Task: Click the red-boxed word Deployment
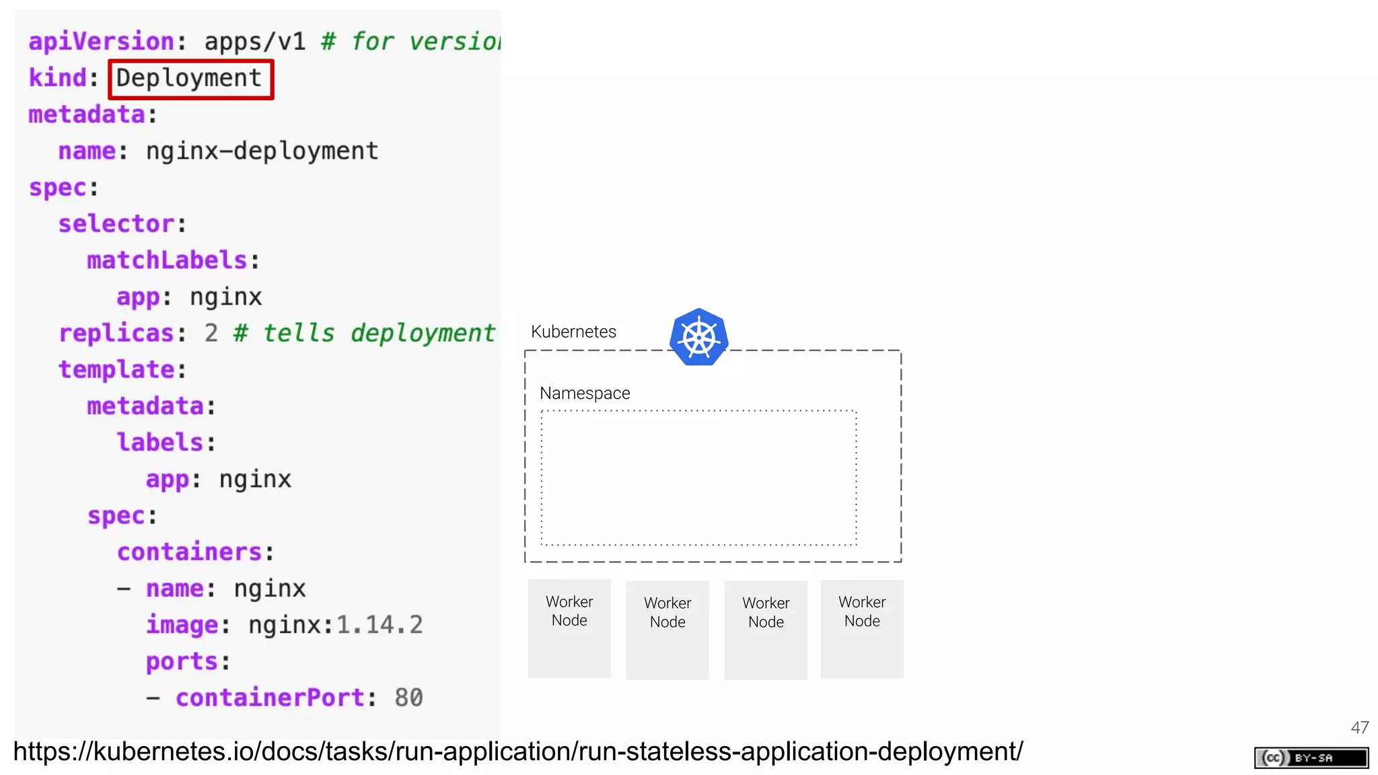189,79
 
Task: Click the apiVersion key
102,42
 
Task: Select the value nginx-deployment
262,151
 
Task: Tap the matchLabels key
167,260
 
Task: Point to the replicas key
116,333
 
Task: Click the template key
116,369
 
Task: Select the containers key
189,552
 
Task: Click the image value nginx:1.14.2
335,625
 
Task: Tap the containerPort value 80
408,698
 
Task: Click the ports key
182,661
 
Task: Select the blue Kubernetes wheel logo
698,337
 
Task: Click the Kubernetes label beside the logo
573,332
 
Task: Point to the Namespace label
585,393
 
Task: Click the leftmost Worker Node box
569,628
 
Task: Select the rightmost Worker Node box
862,628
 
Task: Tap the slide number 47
1359,727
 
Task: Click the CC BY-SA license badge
1311,758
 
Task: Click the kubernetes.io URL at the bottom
518,751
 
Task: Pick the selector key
116,224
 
